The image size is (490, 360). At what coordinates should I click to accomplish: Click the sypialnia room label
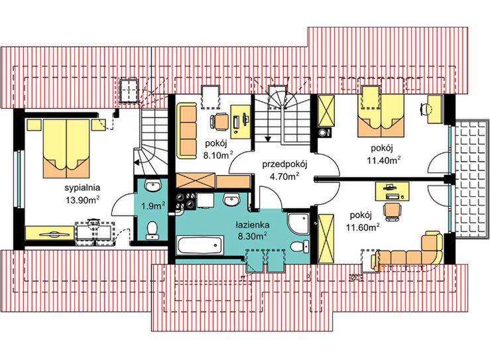point(82,188)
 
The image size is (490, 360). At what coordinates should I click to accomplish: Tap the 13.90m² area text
point(82,200)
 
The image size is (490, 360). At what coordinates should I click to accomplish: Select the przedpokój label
point(285,164)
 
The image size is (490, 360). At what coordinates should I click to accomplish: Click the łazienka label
point(253,225)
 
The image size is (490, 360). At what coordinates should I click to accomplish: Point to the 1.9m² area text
point(153,206)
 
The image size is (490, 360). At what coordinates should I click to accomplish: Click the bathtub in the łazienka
point(200,245)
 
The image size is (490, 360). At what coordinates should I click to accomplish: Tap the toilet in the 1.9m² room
point(153,230)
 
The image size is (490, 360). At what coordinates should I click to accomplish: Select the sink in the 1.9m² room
point(153,186)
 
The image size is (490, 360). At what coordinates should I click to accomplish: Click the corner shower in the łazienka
point(298,223)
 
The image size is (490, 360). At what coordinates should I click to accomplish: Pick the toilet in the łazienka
point(300,247)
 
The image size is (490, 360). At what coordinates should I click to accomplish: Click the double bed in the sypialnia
point(66,148)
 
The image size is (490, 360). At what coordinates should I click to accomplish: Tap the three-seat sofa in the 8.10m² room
point(186,131)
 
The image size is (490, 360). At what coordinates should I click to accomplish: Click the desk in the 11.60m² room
point(392,191)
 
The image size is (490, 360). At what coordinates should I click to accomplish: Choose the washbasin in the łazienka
point(231,200)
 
